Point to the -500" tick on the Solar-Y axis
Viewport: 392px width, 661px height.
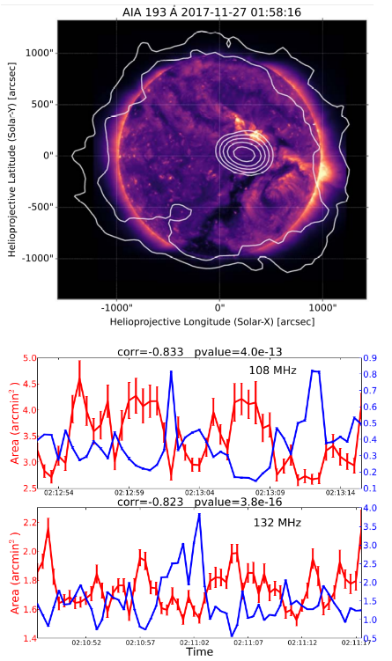[38, 208]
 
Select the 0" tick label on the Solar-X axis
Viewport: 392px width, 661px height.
[218, 308]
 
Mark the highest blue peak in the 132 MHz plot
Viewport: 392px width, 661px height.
[199, 514]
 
